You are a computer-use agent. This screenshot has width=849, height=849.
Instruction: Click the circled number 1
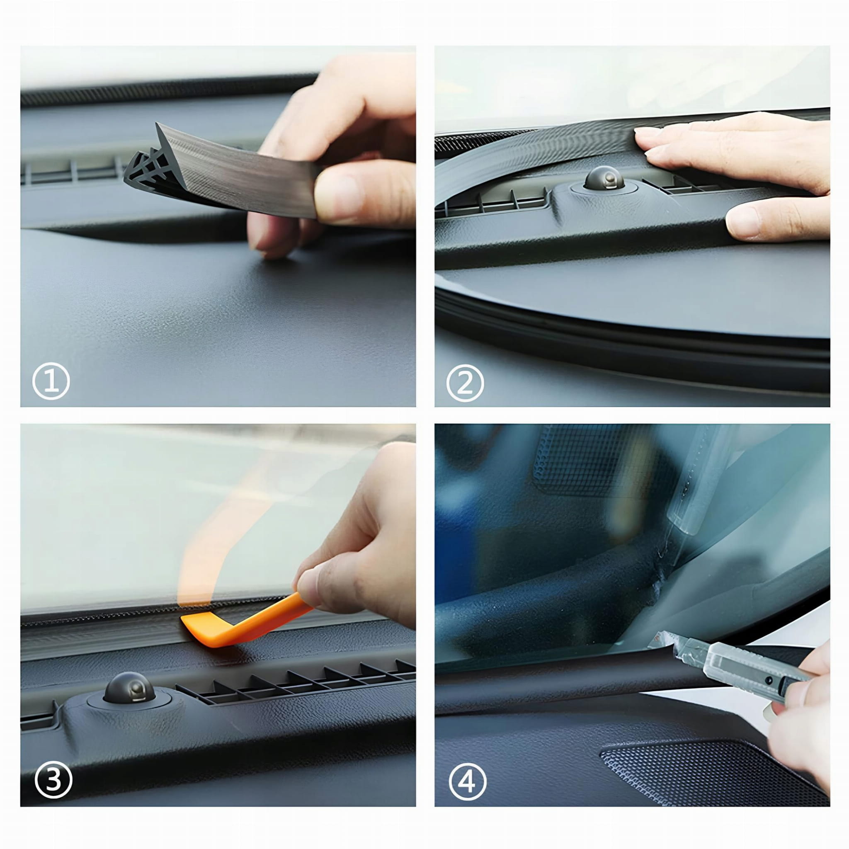coord(51,381)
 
